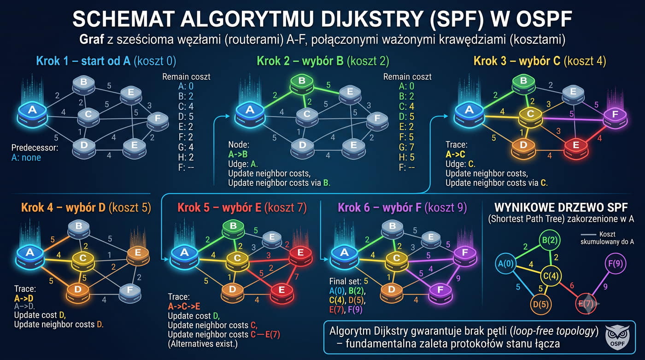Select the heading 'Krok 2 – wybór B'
click(300, 61)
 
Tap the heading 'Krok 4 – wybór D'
click(64, 207)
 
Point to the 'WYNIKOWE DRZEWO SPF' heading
click(561, 207)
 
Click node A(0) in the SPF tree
click(506, 264)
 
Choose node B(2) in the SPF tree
click(550, 240)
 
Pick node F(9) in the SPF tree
click(616, 264)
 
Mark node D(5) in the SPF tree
click(541, 304)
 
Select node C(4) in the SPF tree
click(551, 276)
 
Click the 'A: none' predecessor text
click(26, 158)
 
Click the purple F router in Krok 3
click(616, 117)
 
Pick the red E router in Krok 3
click(576, 147)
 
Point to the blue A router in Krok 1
click(32, 114)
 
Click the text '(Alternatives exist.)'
click(203, 344)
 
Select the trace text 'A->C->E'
click(184, 306)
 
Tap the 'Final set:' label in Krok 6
click(345, 281)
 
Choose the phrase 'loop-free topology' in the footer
click(554, 331)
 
